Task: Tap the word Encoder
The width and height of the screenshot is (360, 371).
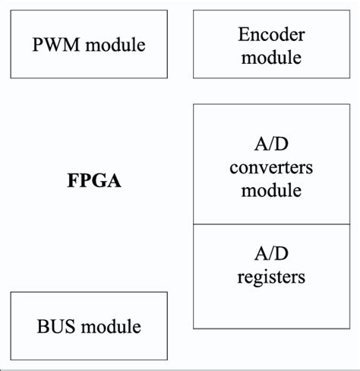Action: [271, 33]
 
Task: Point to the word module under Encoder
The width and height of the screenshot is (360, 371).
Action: [271, 56]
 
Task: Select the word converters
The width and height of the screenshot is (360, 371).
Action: [271, 167]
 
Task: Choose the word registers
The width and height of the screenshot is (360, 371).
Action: [271, 277]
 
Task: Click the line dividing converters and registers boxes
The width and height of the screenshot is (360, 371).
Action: [271, 224]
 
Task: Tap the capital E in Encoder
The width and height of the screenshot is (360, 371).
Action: [243, 33]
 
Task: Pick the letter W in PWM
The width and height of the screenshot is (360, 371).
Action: [55, 45]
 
